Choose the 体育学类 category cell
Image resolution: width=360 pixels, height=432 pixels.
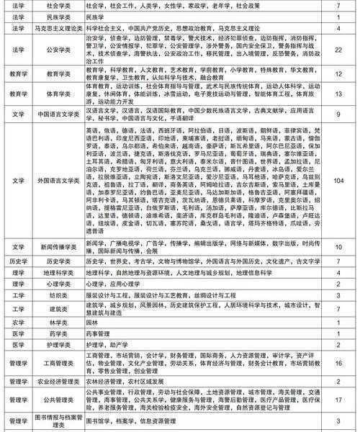[x=57, y=94]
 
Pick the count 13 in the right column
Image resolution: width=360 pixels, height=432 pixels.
[x=338, y=94]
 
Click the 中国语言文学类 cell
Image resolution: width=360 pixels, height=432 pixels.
[x=57, y=114]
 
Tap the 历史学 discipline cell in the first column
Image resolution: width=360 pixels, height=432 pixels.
[x=15, y=264]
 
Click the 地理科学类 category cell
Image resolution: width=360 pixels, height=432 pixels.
[x=57, y=274]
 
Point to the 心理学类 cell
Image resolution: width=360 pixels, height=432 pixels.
[x=57, y=285]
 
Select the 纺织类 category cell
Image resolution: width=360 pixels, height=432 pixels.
[x=57, y=296]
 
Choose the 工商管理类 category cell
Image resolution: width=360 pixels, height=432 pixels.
[x=57, y=364]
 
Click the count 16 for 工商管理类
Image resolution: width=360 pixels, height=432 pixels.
[x=338, y=364]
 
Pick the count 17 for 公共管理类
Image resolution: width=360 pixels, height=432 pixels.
[x=338, y=400]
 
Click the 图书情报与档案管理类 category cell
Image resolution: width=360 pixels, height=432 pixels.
[x=57, y=420]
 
